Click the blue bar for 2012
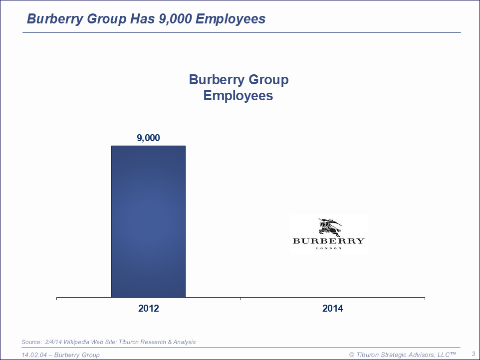point(148,221)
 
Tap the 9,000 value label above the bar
point(148,138)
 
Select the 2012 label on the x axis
point(148,309)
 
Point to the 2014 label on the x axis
point(332,309)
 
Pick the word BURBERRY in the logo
point(328,241)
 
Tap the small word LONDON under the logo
point(329,248)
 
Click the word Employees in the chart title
point(238,95)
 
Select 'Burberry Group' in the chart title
point(239,80)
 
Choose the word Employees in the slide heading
point(230,19)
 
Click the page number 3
point(473,354)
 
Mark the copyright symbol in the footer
point(351,355)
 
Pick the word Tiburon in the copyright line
point(368,355)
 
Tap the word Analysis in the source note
point(183,342)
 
